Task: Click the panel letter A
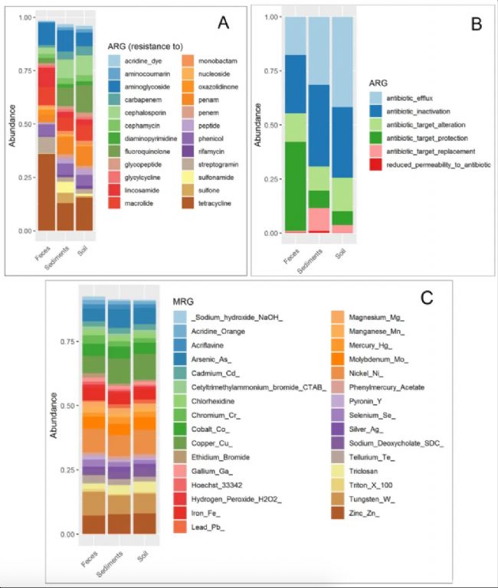click(x=222, y=24)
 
